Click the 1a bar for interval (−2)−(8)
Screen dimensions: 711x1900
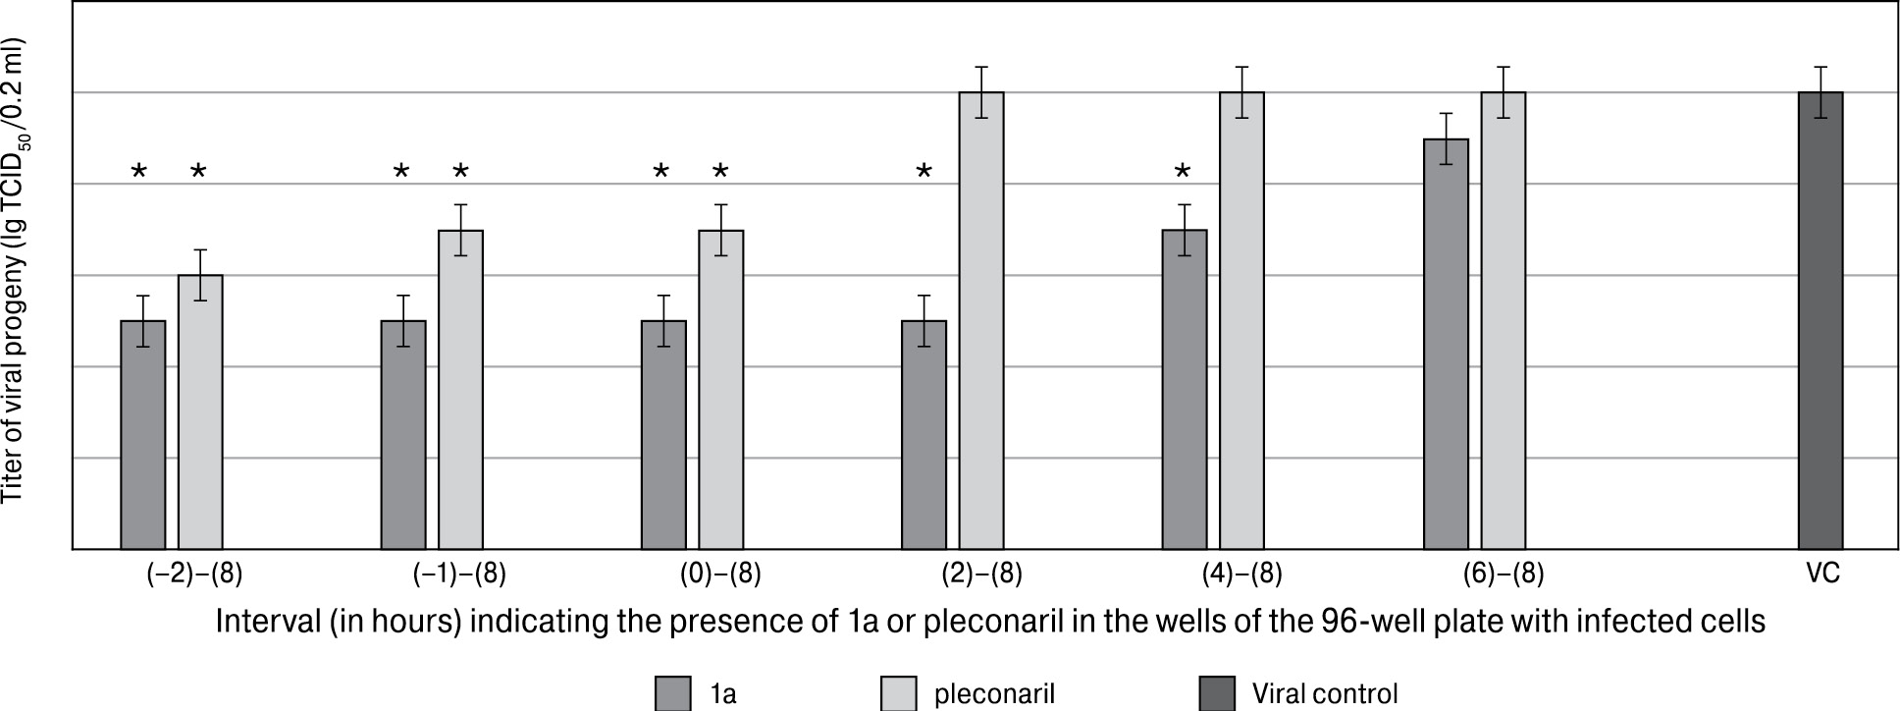[143, 434]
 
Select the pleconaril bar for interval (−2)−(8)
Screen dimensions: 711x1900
[200, 411]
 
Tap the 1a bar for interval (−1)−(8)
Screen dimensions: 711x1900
[403, 434]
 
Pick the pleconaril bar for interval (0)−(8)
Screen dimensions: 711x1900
[720, 389]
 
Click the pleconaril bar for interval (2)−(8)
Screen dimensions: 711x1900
[981, 320]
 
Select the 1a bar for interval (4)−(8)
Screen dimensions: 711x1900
[1185, 389]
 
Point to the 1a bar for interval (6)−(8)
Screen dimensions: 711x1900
[1446, 344]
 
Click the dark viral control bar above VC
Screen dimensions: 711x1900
[1821, 320]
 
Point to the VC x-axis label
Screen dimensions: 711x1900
[1821, 574]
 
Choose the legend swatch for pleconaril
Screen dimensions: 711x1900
[900, 693]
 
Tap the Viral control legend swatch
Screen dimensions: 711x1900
[1218, 693]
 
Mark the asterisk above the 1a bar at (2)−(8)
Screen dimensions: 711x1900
[924, 173]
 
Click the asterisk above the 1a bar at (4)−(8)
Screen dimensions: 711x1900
[1184, 173]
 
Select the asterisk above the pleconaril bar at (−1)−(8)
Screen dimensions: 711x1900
[460, 173]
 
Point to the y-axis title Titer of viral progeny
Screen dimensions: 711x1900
[14, 272]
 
